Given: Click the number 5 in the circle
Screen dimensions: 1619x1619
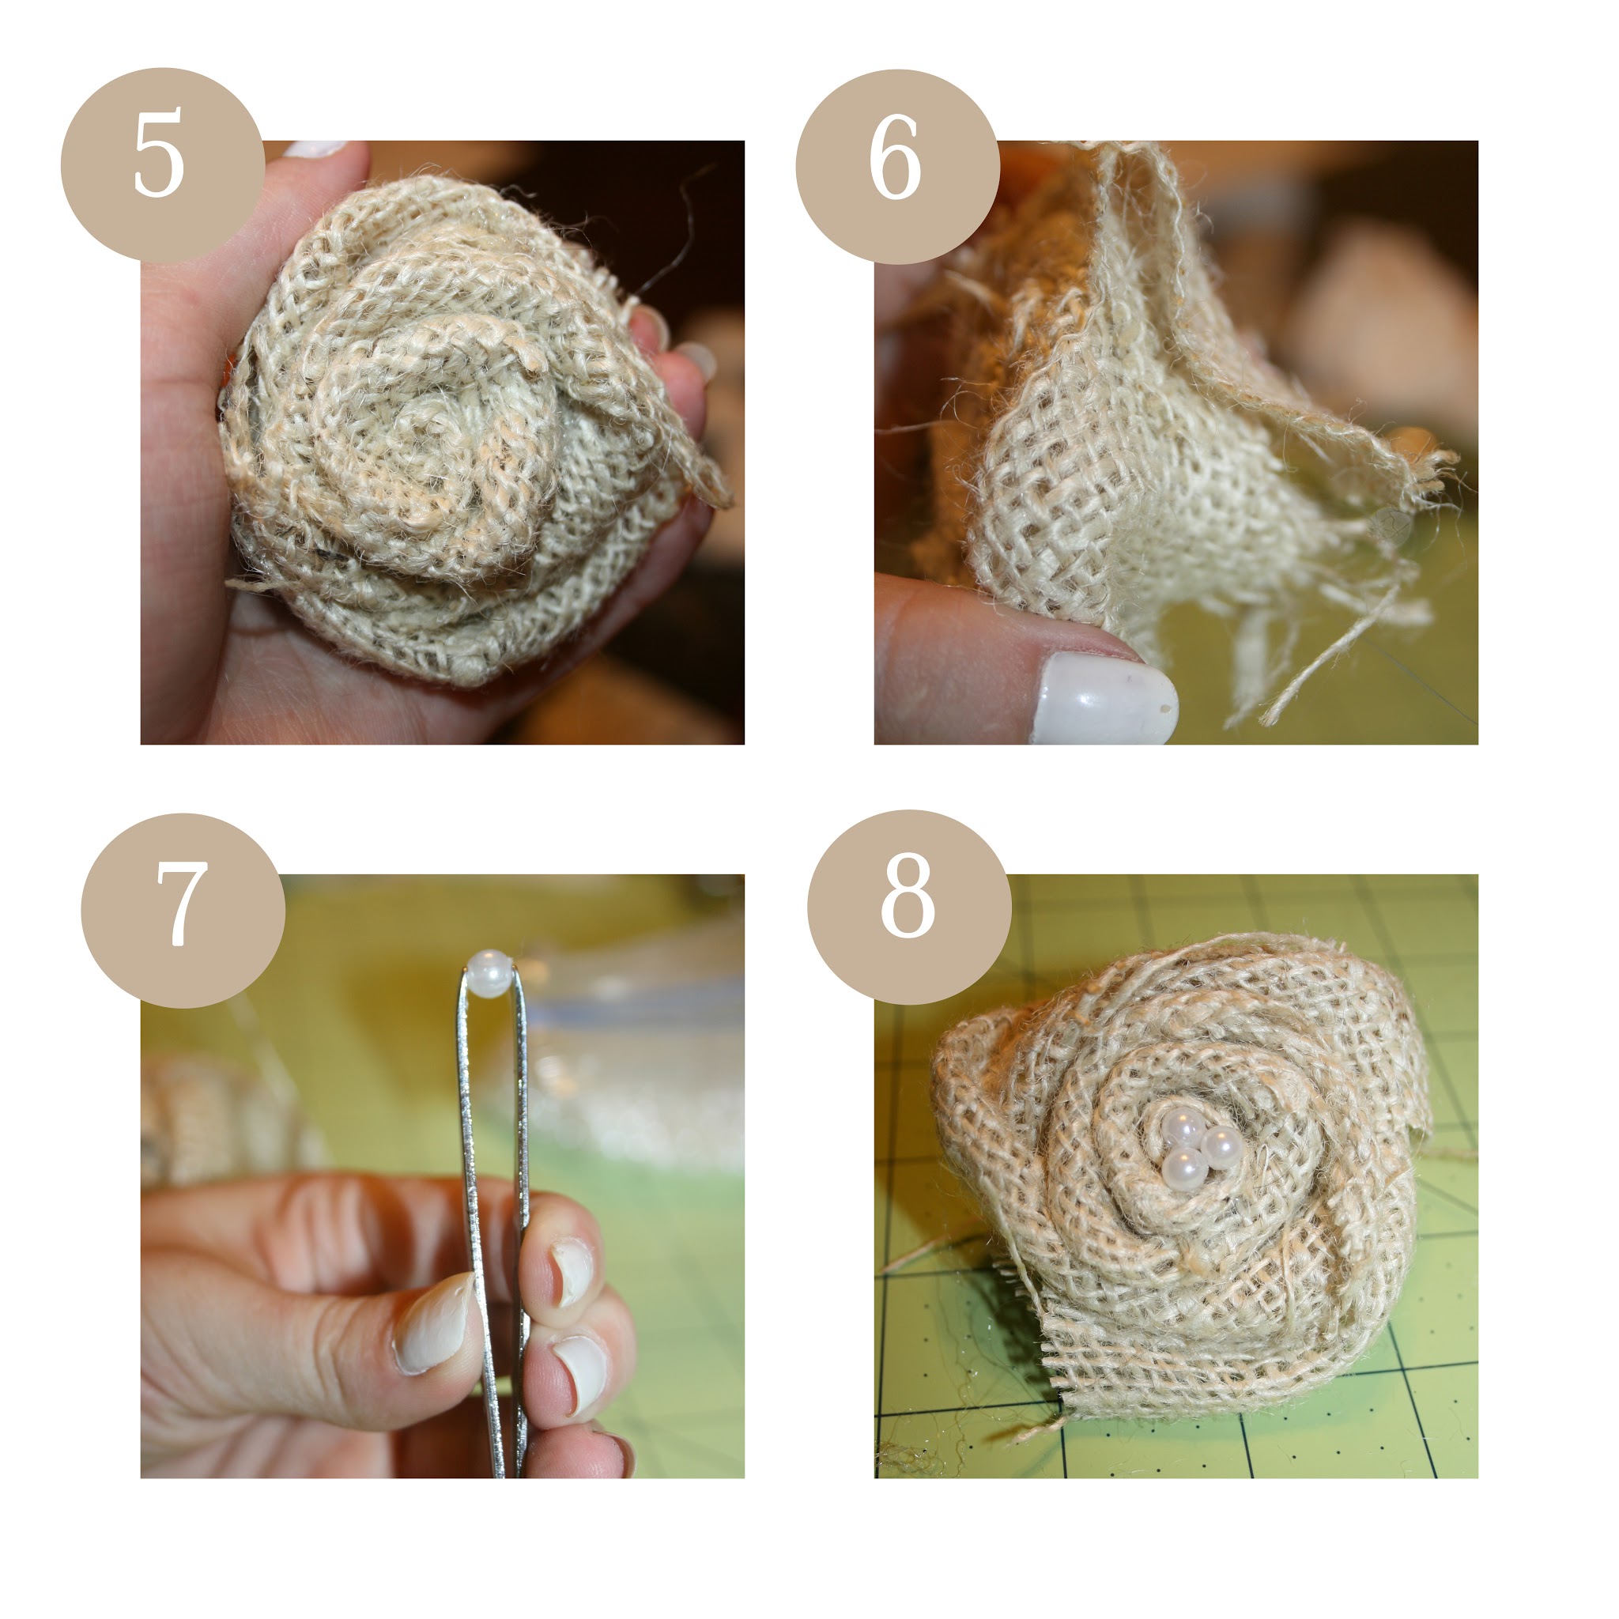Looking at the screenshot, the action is click(158, 157).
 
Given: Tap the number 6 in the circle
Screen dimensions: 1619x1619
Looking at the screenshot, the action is click(895, 157).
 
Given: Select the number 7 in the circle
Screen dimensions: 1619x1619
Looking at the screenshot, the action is click(182, 904).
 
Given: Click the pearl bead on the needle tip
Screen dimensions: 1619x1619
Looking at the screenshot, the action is click(489, 973).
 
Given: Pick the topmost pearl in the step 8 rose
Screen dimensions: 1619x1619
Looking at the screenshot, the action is click(1183, 1126).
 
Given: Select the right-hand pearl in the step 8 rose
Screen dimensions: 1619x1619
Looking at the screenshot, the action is click(1220, 1144).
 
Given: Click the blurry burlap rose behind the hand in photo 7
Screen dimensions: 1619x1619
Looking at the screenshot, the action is click(218, 1115).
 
